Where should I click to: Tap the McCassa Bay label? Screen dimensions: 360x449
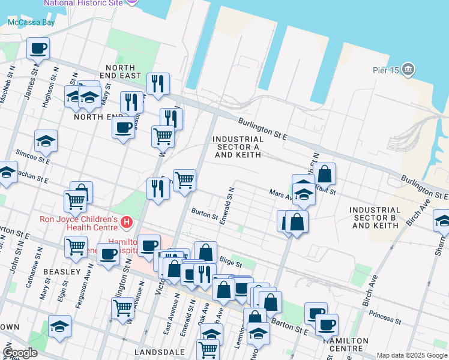click(x=31, y=23)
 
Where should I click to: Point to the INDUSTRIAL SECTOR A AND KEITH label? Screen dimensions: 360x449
click(x=238, y=147)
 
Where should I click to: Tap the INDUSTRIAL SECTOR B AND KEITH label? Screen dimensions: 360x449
click(x=375, y=218)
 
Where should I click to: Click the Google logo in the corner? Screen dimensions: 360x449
click(x=20, y=353)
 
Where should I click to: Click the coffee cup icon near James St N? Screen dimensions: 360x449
click(x=38, y=48)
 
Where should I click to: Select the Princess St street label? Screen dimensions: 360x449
click(x=381, y=314)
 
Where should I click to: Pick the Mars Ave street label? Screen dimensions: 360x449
click(x=280, y=193)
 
